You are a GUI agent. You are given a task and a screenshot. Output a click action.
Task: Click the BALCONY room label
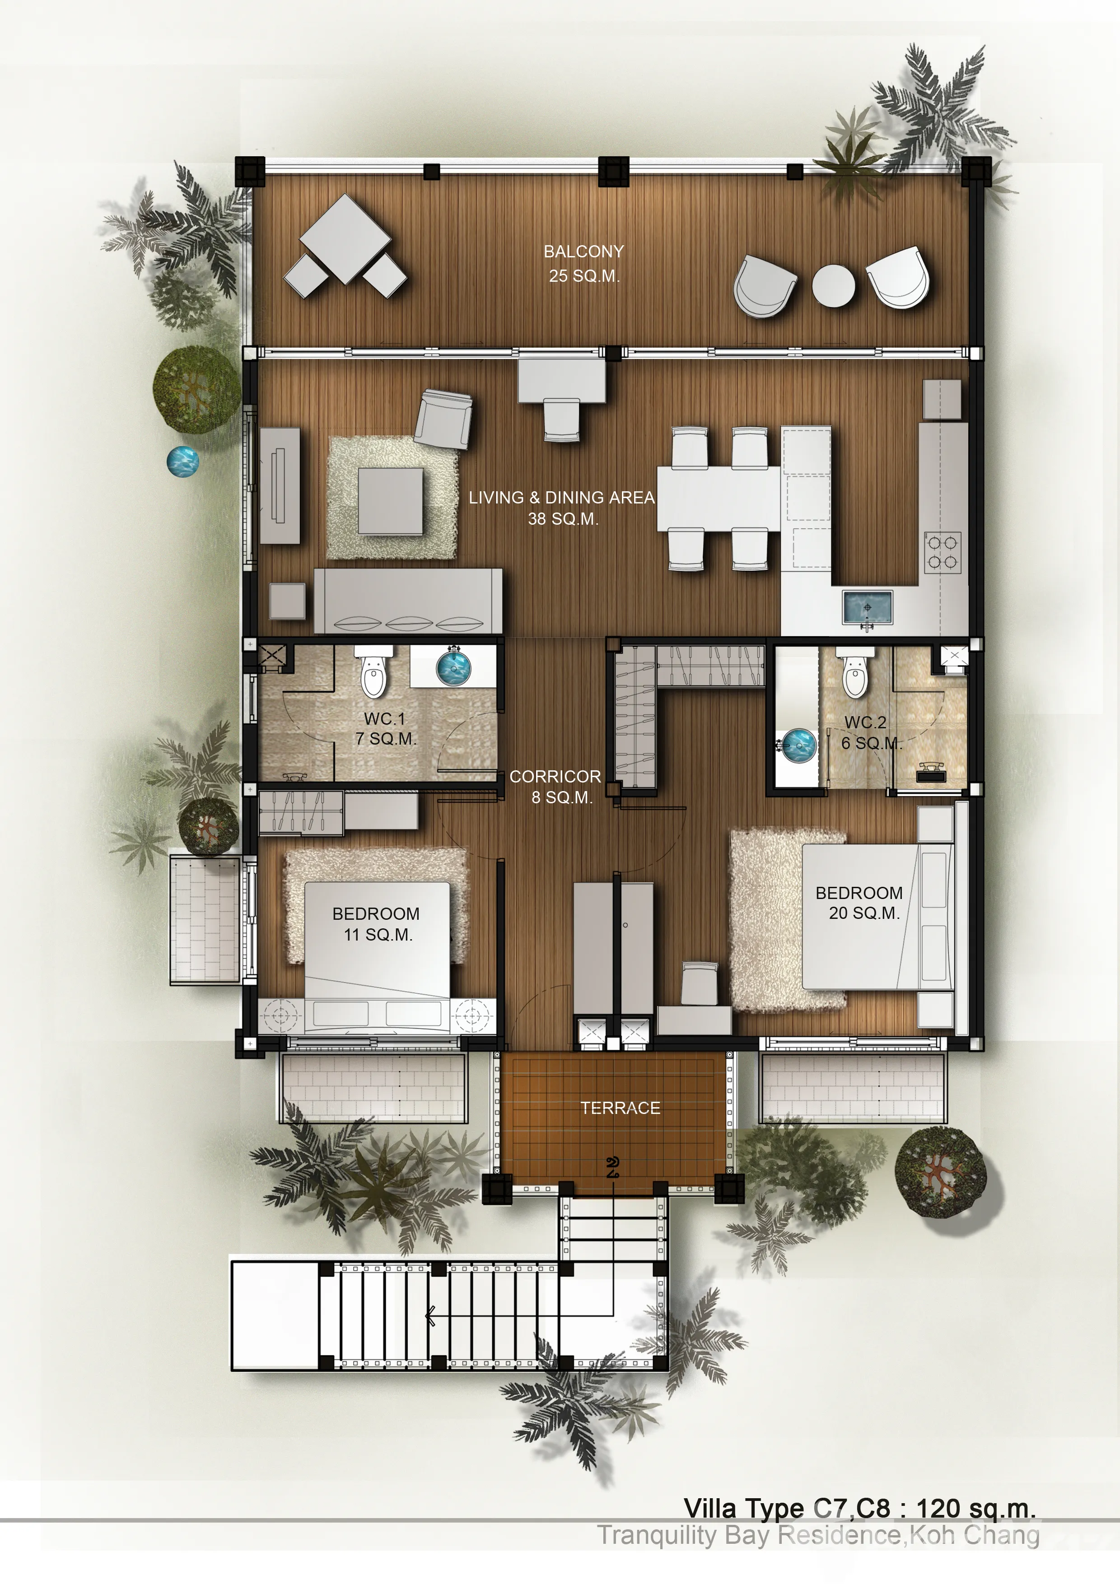point(583,252)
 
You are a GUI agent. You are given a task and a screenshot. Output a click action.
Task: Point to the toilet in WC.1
point(373,673)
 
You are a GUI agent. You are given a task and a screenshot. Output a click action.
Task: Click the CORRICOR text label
point(555,776)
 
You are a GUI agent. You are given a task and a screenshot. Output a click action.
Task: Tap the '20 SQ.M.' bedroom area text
point(864,913)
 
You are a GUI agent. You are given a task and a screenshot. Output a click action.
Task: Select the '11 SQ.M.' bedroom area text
point(378,935)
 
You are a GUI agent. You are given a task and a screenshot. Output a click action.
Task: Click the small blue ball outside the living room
point(183,461)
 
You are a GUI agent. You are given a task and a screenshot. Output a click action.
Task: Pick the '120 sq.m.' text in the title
point(976,1509)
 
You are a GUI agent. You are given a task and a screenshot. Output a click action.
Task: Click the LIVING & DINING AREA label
point(561,498)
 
